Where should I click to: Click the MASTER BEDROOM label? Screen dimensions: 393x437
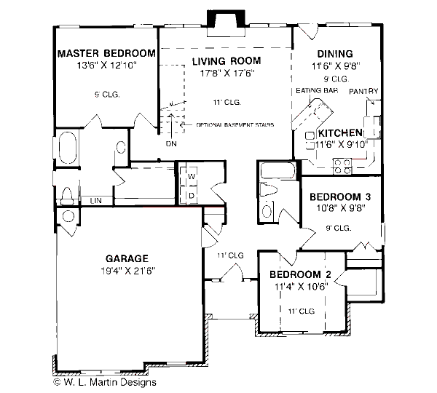point(106,53)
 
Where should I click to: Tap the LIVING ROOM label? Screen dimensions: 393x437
point(226,60)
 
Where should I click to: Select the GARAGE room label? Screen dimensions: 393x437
point(127,258)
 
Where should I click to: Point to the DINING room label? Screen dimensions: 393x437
point(335,54)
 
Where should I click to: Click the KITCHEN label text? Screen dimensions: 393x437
point(339,133)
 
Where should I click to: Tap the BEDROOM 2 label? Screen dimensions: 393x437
point(300,274)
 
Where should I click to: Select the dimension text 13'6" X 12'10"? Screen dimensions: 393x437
point(106,65)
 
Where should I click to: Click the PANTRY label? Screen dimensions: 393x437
point(363,91)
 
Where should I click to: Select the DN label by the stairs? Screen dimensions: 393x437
point(171,143)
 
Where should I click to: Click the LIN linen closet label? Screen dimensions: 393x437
point(95,199)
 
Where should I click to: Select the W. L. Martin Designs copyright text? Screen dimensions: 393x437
point(104,381)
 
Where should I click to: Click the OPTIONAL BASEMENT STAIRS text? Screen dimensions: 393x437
point(235,125)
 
